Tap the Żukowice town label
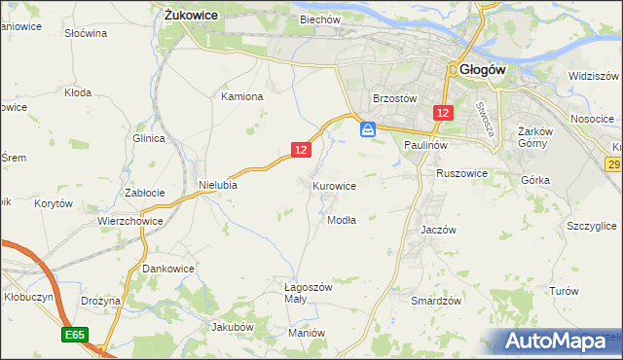[191, 16]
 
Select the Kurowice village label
[334, 185]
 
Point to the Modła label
[341, 220]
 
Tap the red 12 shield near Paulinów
[443, 114]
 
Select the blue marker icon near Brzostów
[368, 128]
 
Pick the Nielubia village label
[218, 184]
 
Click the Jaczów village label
[438, 230]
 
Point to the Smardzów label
[435, 301]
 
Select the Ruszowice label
[461, 173]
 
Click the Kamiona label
[242, 96]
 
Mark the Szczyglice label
[591, 226]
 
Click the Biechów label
[319, 19]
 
